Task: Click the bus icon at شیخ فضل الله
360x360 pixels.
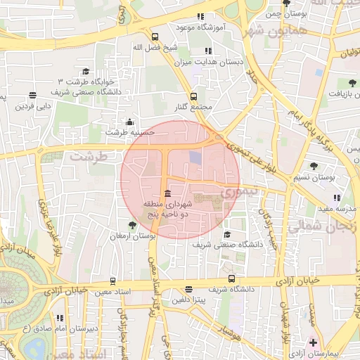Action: pos(155,37)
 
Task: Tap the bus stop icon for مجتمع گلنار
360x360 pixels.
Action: pos(194,96)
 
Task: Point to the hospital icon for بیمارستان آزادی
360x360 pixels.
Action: pos(313,343)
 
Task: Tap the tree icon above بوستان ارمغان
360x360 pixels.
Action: pos(132,225)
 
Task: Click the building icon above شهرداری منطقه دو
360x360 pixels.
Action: pos(167,194)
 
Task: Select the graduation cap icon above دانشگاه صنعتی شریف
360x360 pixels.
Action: pos(226,235)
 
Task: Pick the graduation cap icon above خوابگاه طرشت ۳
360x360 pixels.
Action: pos(86,72)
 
